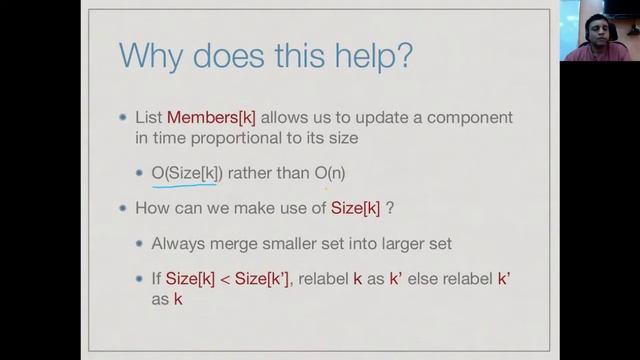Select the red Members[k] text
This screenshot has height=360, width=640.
212,117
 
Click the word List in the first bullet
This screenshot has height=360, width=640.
149,117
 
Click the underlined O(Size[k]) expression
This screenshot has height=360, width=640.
186,173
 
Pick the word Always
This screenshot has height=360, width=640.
178,243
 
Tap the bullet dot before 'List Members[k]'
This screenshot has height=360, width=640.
123,117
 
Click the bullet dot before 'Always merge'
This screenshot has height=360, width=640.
139,243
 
